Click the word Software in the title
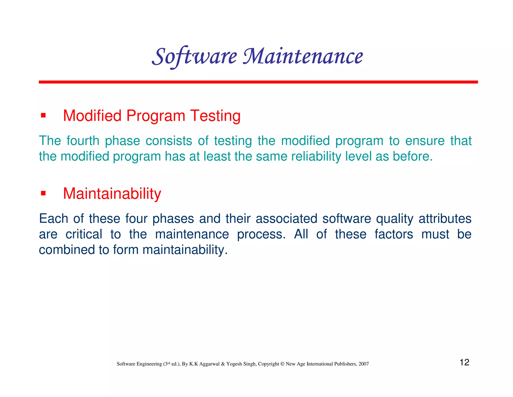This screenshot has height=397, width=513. [194, 56]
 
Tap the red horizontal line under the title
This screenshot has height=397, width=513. [258, 82]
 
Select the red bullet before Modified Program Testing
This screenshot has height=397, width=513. [43, 115]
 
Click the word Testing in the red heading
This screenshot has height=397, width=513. [215, 116]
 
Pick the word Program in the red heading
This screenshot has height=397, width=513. [156, 116]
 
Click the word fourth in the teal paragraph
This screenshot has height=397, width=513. [83, 141]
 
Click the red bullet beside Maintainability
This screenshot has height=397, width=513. [43, 193]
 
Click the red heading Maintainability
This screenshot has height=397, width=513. [112, 194]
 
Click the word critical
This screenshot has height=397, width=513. [84, 234]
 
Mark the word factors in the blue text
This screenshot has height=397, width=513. [394, 234]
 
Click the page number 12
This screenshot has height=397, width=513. [464, 362]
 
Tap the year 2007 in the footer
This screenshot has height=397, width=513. [363, 364]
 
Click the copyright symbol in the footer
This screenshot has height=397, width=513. [282, 364]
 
